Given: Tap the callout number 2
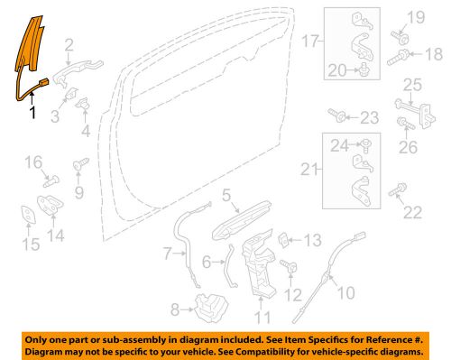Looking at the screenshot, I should (69, 44).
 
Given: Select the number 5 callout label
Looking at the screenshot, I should (227, 193).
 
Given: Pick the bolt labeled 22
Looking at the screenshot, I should (399, 191).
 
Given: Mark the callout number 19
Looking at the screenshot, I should (418, 18).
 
